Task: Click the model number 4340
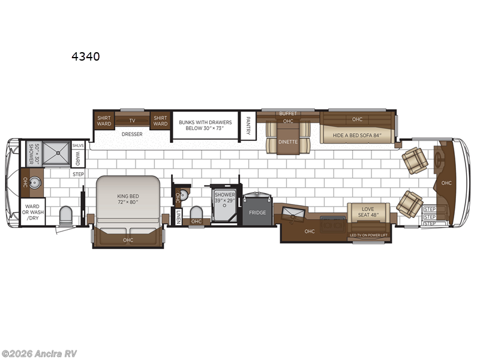[85, 57]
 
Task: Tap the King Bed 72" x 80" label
[127, 198]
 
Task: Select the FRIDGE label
[257, 212]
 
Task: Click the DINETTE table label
[287, 142]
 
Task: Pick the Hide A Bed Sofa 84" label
[357, 136]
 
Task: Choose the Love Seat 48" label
[368, 214]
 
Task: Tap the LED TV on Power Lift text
[368, 235]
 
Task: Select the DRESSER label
[132, 134]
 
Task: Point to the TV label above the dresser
[132, 119]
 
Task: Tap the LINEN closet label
[178, 217]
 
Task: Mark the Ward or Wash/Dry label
[32, 214]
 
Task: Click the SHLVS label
[78, 145]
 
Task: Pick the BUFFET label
[288, 113]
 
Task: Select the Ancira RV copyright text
[39, 353]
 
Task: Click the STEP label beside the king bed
[78, 174]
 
